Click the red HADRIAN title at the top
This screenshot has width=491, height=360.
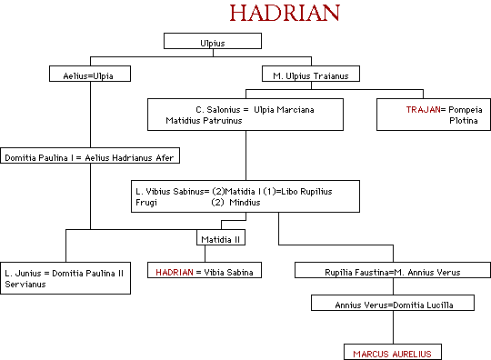[284, 14]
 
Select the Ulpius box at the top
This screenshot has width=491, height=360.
[213, 42]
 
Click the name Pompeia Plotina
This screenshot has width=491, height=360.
[461, 114]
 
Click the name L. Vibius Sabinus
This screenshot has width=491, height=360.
[172, 191]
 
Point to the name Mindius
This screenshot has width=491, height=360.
[245, 203]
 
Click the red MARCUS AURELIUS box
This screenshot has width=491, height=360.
[394, 352]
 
